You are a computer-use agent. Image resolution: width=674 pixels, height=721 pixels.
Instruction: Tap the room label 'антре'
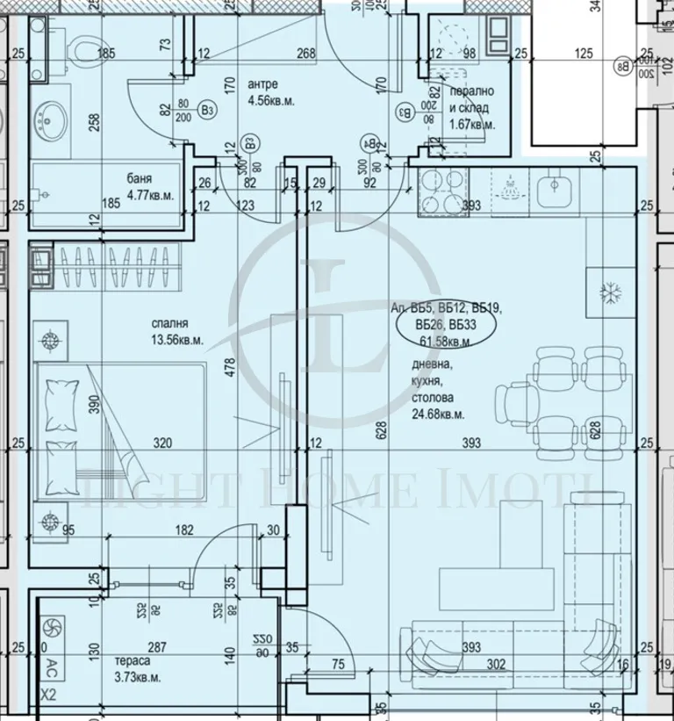[x=263, y=84]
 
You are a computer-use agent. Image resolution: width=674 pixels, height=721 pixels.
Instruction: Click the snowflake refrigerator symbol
[x=606, y=292]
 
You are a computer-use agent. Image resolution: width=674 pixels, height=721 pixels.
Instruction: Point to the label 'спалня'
[x=169, y=322]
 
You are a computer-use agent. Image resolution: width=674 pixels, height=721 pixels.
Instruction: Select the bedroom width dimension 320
[x=161, y=443]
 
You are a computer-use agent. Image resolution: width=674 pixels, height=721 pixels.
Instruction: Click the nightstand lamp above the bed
[x=50, y=339]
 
